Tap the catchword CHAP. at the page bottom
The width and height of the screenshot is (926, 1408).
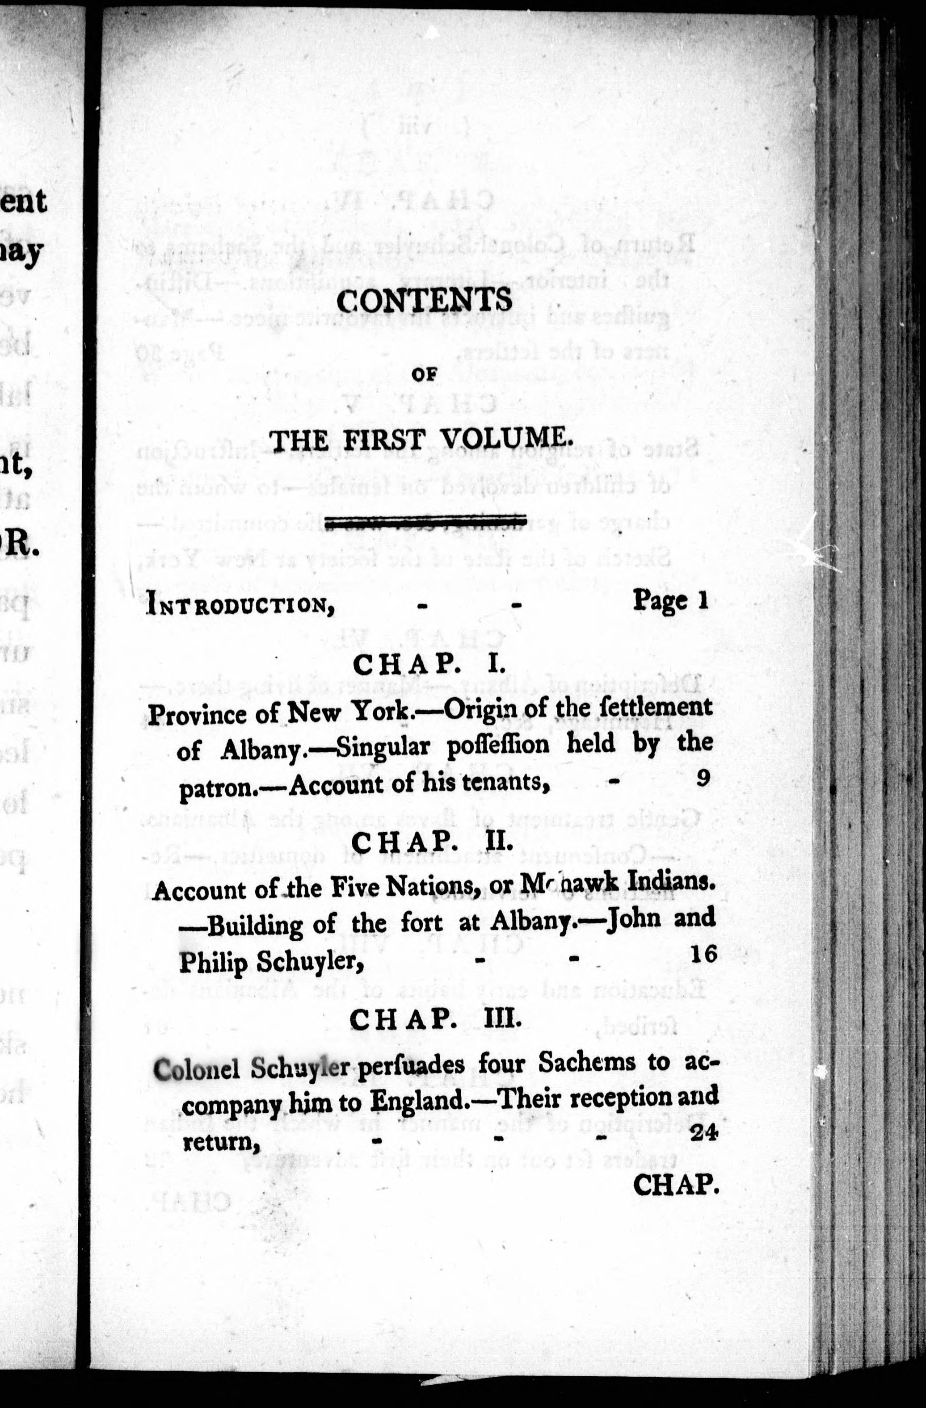point(675,1184)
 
